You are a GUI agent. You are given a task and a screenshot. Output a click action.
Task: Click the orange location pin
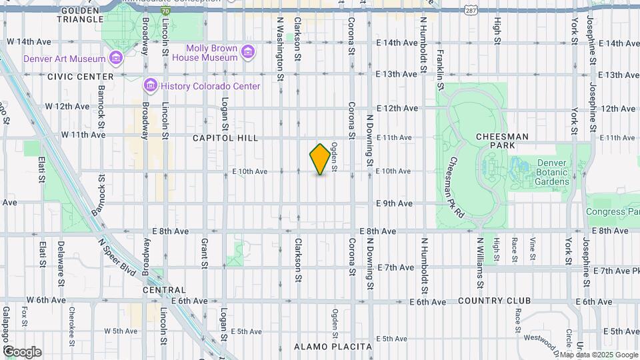pyautogui.click(x=321, y=159)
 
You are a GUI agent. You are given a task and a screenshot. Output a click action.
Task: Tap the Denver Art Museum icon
pyautogui.click(x=117, y=58)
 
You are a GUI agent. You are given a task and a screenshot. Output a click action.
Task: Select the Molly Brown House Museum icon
pyautogui.click(x=248, y=52)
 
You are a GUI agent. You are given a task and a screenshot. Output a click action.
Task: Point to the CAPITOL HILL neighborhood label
pyautogui.click(x=225, y=138)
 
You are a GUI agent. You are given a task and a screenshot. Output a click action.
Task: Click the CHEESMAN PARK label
pyautogui.click(x=503, y=140)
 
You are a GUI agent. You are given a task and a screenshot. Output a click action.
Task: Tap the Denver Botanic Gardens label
pyautogui.click(x=551, y=172)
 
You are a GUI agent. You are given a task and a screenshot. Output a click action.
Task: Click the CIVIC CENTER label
pyautogui.click(x=71, y=77)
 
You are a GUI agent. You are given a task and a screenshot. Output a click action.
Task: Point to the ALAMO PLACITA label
pyautogui.click(x=333, y=347)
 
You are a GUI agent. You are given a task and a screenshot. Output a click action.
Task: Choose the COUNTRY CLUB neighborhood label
pyautogui.click(x=494, y=301)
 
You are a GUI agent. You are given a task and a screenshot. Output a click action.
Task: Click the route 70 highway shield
pyautogui.click(x=165, y=11)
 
